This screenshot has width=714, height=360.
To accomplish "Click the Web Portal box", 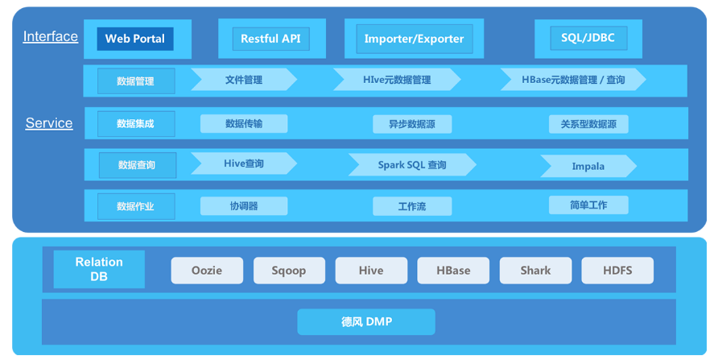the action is (135, 39).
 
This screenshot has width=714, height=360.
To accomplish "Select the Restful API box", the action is (271, 39).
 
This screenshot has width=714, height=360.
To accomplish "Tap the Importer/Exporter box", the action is (415, 39).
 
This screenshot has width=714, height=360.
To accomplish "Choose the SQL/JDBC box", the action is (588, 38).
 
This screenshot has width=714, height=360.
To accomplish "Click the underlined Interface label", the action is (51, 36).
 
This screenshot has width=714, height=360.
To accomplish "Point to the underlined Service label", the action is (49, 123).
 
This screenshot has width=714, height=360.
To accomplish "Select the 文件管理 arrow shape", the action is (244, 80).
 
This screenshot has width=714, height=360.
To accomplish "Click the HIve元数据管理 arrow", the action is (397, 80).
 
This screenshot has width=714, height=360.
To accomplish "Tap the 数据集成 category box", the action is (136, 124).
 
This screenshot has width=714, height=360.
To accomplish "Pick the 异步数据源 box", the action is (412, 124).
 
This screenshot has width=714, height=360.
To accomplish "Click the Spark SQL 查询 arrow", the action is (412, 164).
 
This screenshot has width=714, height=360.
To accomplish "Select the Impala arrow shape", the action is (588, 166).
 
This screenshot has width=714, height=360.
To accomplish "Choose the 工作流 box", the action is (412, 206).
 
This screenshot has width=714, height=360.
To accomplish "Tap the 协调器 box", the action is (244, 206).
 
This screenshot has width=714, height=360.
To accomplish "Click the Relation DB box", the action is (99, 269).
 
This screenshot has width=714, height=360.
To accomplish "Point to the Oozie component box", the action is (207, 271).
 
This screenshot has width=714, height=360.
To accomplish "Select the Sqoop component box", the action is (289, 271).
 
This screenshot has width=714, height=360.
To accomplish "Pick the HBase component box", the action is (453, 271).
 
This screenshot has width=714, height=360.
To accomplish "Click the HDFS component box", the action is (617, 271).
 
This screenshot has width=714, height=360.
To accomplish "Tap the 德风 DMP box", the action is (366, 321).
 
